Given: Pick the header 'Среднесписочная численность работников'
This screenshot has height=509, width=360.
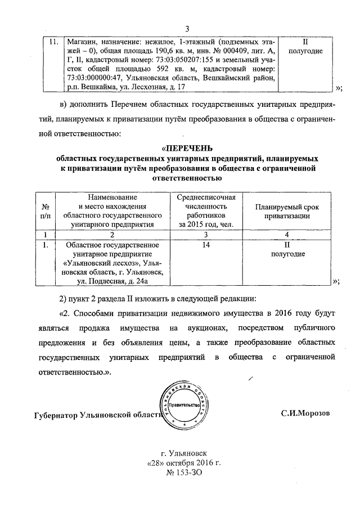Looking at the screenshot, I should tap(206, 211).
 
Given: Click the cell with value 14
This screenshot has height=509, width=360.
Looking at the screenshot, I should tap(206, 245).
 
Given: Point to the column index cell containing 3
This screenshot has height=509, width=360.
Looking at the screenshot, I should tap(206, 234).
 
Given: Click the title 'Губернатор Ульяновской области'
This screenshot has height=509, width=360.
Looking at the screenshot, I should tap(94, 416).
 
